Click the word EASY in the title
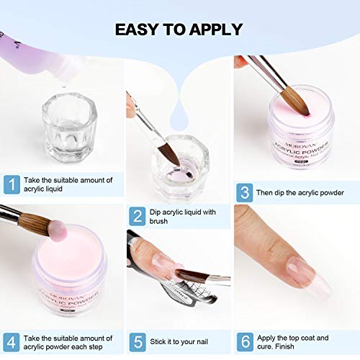pos(140,30)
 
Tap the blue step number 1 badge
pos(12,184)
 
